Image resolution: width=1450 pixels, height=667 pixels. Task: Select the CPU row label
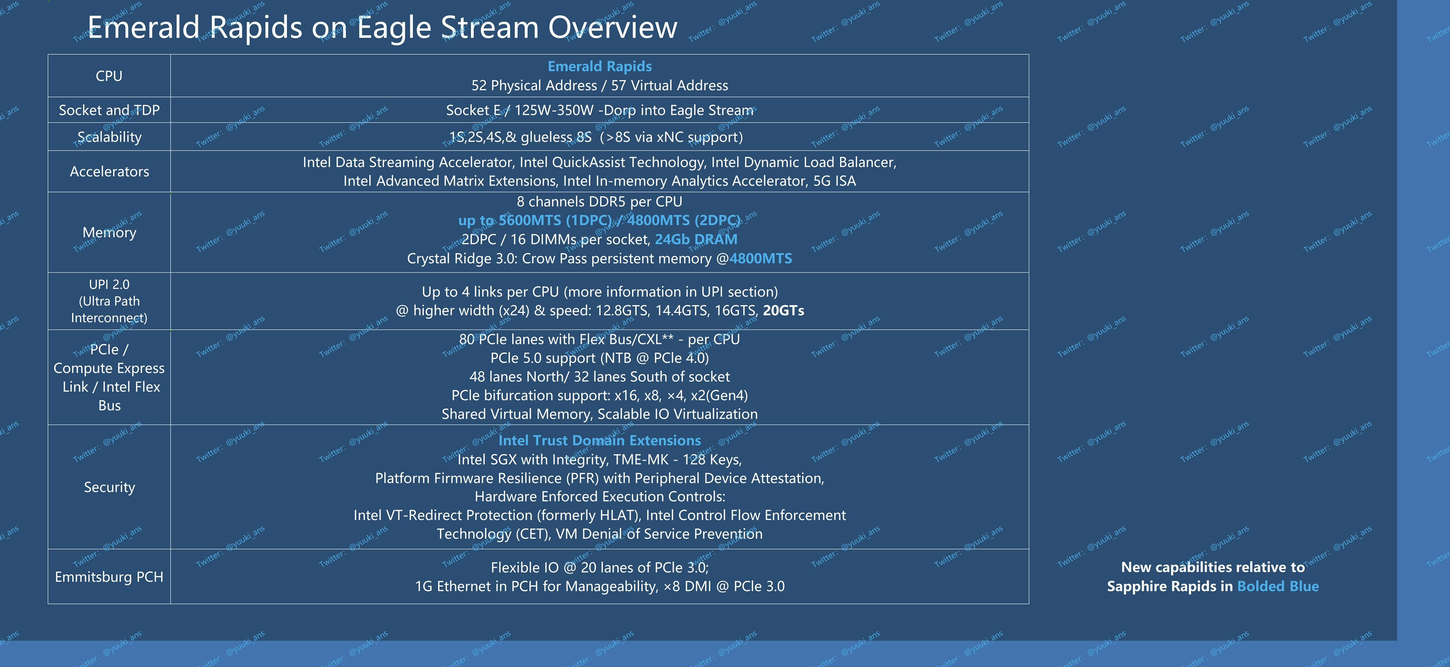pyautogui.click(x=109, y=76)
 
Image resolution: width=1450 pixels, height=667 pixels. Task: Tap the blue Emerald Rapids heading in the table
pyautogui.click(x=599, y=67)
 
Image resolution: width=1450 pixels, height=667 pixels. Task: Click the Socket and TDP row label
pyautogui.click(x=109, y=110)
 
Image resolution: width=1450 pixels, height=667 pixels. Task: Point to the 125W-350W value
pyautogui.click(x=554, y=110)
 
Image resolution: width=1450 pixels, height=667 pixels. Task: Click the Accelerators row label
pyautogui.click(x=109, y=172)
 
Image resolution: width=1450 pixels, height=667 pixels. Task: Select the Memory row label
pyautogui.click(x=109, y=233)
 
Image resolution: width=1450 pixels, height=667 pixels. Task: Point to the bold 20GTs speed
pyautogui.click(x=783, y=311)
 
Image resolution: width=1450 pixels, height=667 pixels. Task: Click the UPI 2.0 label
pyautogui.click(x=109, y=285)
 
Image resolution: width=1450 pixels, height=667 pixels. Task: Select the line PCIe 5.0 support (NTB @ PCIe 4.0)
pyautogui.click(x=599, y=358)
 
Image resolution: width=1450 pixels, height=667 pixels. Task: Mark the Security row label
pyautogui.click(x=109, y=488)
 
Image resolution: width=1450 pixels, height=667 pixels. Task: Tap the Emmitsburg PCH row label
pyautogui.click(x=109, y=577)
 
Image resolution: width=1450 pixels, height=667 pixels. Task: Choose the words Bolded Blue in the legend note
pyautogui.click(x=1278, y=587)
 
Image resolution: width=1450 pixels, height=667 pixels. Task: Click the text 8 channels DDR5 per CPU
pyautogui.click(x=599, y=201)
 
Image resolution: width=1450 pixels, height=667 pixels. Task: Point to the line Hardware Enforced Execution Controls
pyautogui.click(x=599, y=496)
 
